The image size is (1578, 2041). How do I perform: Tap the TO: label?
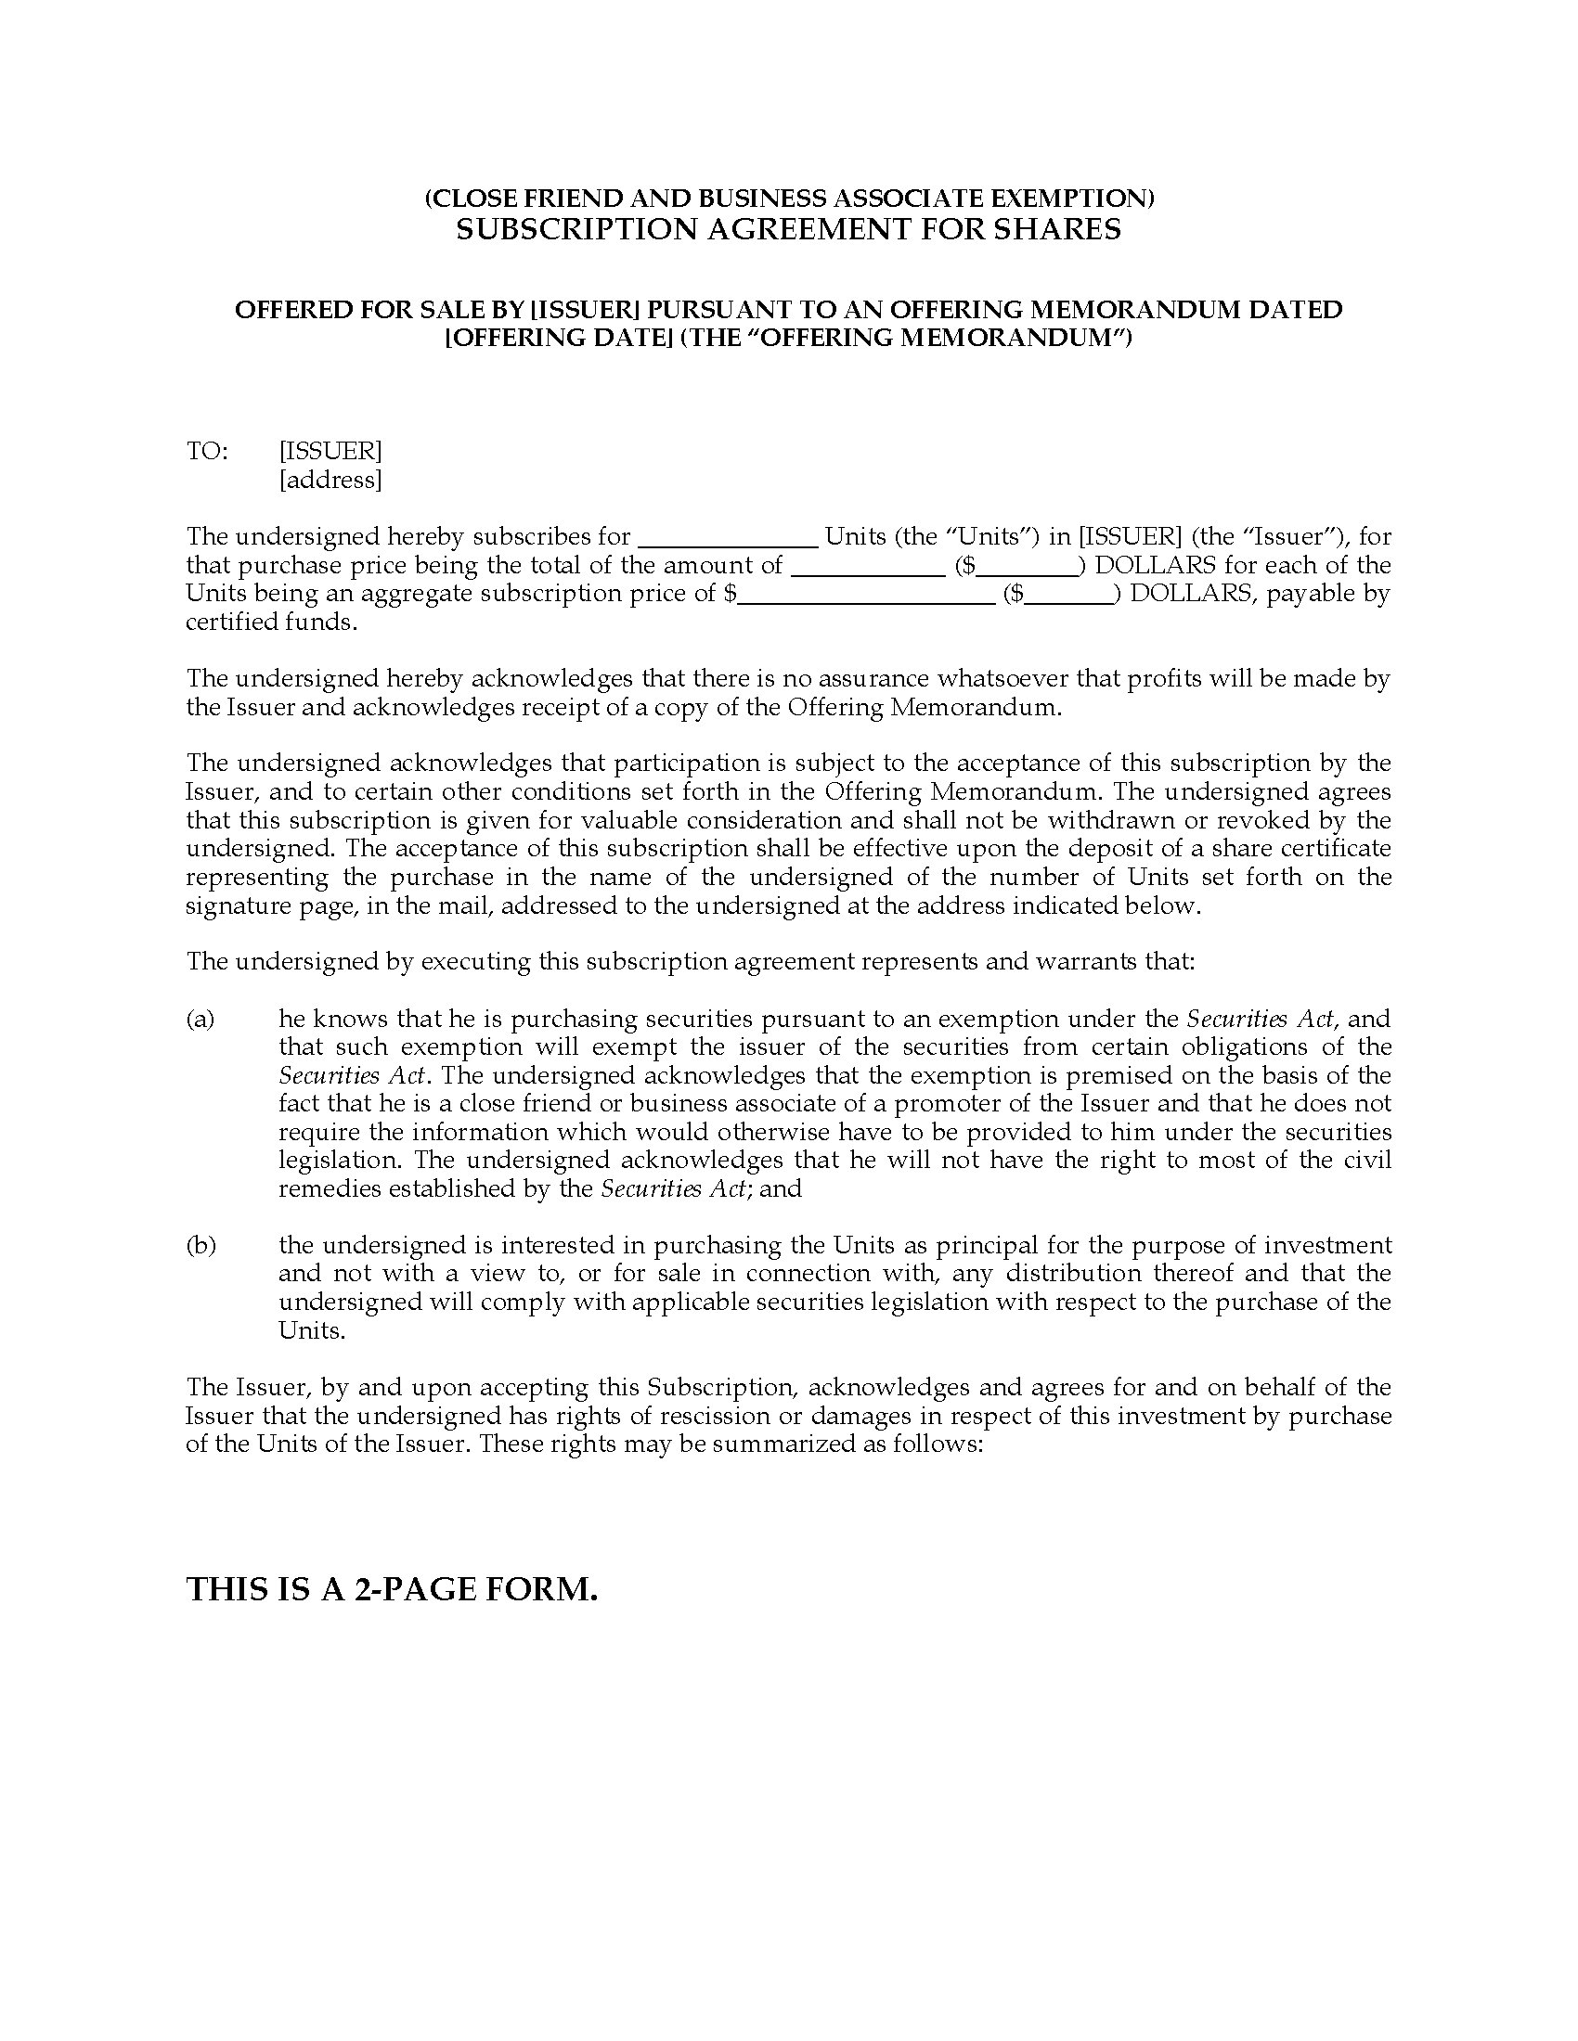click(x=207, y=452)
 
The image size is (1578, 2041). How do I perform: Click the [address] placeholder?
click(x=330, y=481)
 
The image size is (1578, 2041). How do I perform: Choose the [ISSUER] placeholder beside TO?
click(x=330, y=452)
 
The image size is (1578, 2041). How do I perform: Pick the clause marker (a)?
click(x=200, y=1019)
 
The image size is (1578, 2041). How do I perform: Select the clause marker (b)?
click(x=200, y=1245)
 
